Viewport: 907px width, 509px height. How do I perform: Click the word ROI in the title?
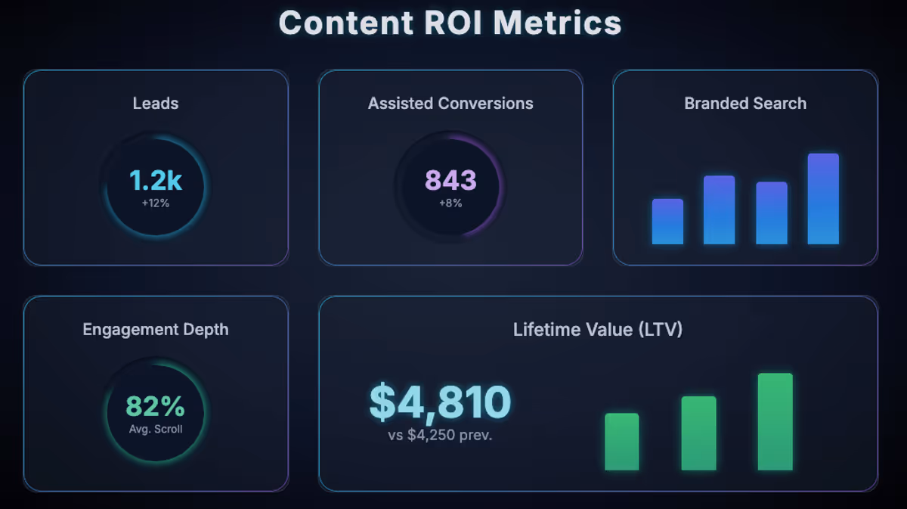[x=450, y=23]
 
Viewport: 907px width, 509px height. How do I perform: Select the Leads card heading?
[x=156, y=104]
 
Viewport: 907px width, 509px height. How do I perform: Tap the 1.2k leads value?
[x=156, y=181]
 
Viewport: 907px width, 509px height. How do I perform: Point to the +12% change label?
[x=156, y=203]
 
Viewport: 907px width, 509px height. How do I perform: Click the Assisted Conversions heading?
[x=450, y=104]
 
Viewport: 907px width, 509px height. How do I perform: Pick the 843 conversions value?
[x=450, y=181]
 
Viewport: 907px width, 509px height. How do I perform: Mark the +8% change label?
[x=450, y=203]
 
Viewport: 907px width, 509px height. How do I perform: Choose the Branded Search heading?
[x=745, y=104]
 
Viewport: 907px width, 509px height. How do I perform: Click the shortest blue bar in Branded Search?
[x=667, y=222]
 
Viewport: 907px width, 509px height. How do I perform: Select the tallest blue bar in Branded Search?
[x=823, y=199]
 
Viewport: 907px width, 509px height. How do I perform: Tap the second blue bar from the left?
[x=719, y=210]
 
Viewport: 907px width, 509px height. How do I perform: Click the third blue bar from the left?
[x=772, y=213]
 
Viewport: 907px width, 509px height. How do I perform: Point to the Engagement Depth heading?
[x=156, y=330]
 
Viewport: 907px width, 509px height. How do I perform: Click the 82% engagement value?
[x=156, y=407]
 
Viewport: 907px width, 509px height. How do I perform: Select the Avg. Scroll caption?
[x=156, y=430]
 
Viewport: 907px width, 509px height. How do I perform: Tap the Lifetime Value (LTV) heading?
[x=598, y=330]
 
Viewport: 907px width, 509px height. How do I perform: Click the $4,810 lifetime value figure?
[x=440, y=402]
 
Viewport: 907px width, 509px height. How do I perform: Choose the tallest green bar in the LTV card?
[x=775, y=422]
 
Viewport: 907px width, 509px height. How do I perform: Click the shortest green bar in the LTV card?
[x=622, y=442]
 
